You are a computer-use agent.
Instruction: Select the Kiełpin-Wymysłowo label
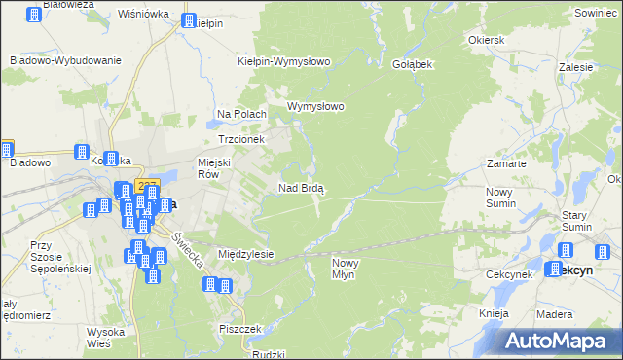tap(285, 61)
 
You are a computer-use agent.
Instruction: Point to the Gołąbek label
tap(412, 62)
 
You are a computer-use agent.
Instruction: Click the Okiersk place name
tap(486, 41)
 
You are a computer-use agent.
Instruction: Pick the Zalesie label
tap(576, 68)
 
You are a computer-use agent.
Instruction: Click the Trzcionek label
tap(229, 139)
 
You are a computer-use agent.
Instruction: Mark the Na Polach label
tap(241, 115)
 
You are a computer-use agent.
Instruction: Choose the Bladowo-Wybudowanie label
tap(65, 60)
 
